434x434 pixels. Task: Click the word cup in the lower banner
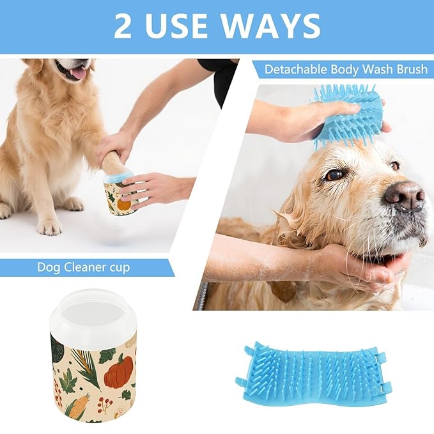(x=120, y=267)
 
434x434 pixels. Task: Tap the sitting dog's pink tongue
(x=79, y=73)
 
